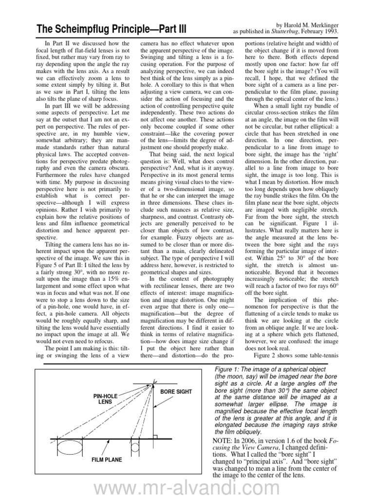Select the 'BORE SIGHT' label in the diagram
click(176, 391)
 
